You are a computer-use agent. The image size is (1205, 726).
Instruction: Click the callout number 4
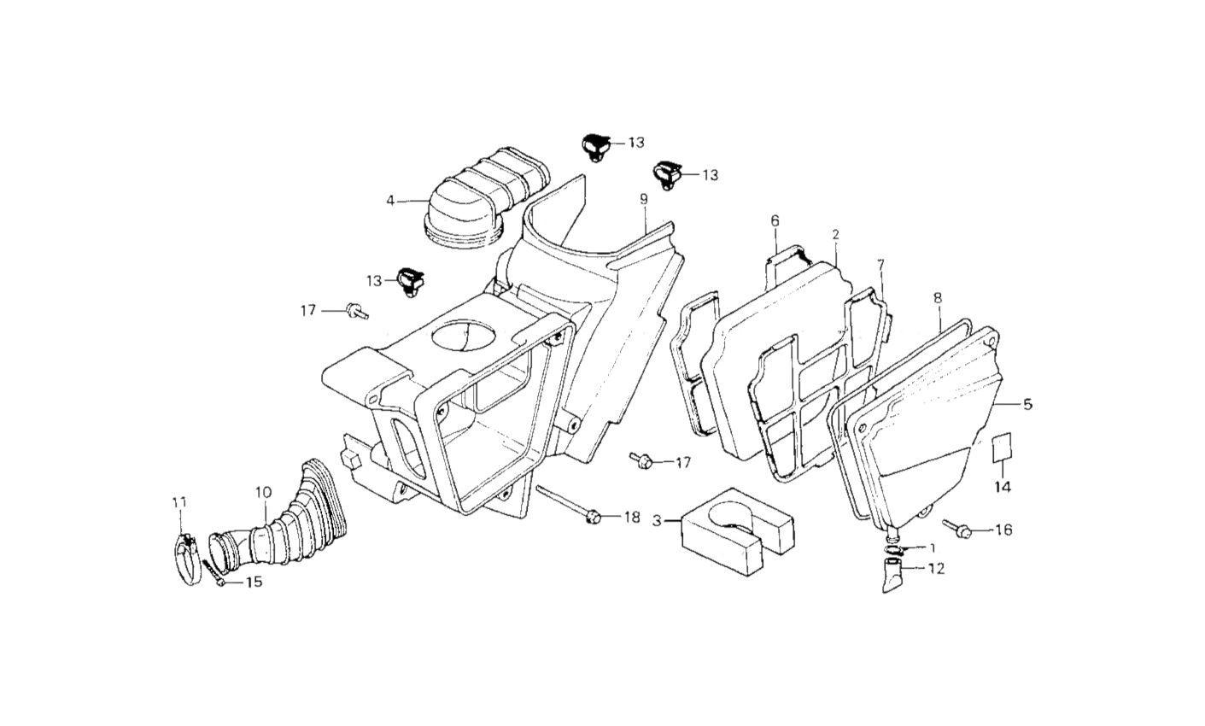[x=390, y=201]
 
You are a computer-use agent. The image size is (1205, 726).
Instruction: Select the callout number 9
[x=644, y=200]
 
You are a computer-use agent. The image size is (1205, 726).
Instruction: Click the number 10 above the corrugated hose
[x=263, y=492]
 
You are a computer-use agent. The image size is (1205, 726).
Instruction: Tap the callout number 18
[x=631, y=518]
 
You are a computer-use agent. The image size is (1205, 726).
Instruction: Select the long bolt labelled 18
[x=568, y=505]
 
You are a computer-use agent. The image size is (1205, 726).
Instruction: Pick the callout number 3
[x=657, y=520]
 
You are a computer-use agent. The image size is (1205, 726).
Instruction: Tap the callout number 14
[x=1002, y=487]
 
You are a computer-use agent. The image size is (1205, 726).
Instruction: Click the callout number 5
[x=1027, y=404]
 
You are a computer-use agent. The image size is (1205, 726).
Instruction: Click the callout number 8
[x=938, y=298]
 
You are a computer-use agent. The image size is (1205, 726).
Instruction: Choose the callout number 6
[x=775, y=221]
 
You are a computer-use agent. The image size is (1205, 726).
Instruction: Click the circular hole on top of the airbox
[x=468, y=335]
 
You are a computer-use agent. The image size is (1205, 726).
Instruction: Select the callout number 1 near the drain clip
[x=932, y=547]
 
